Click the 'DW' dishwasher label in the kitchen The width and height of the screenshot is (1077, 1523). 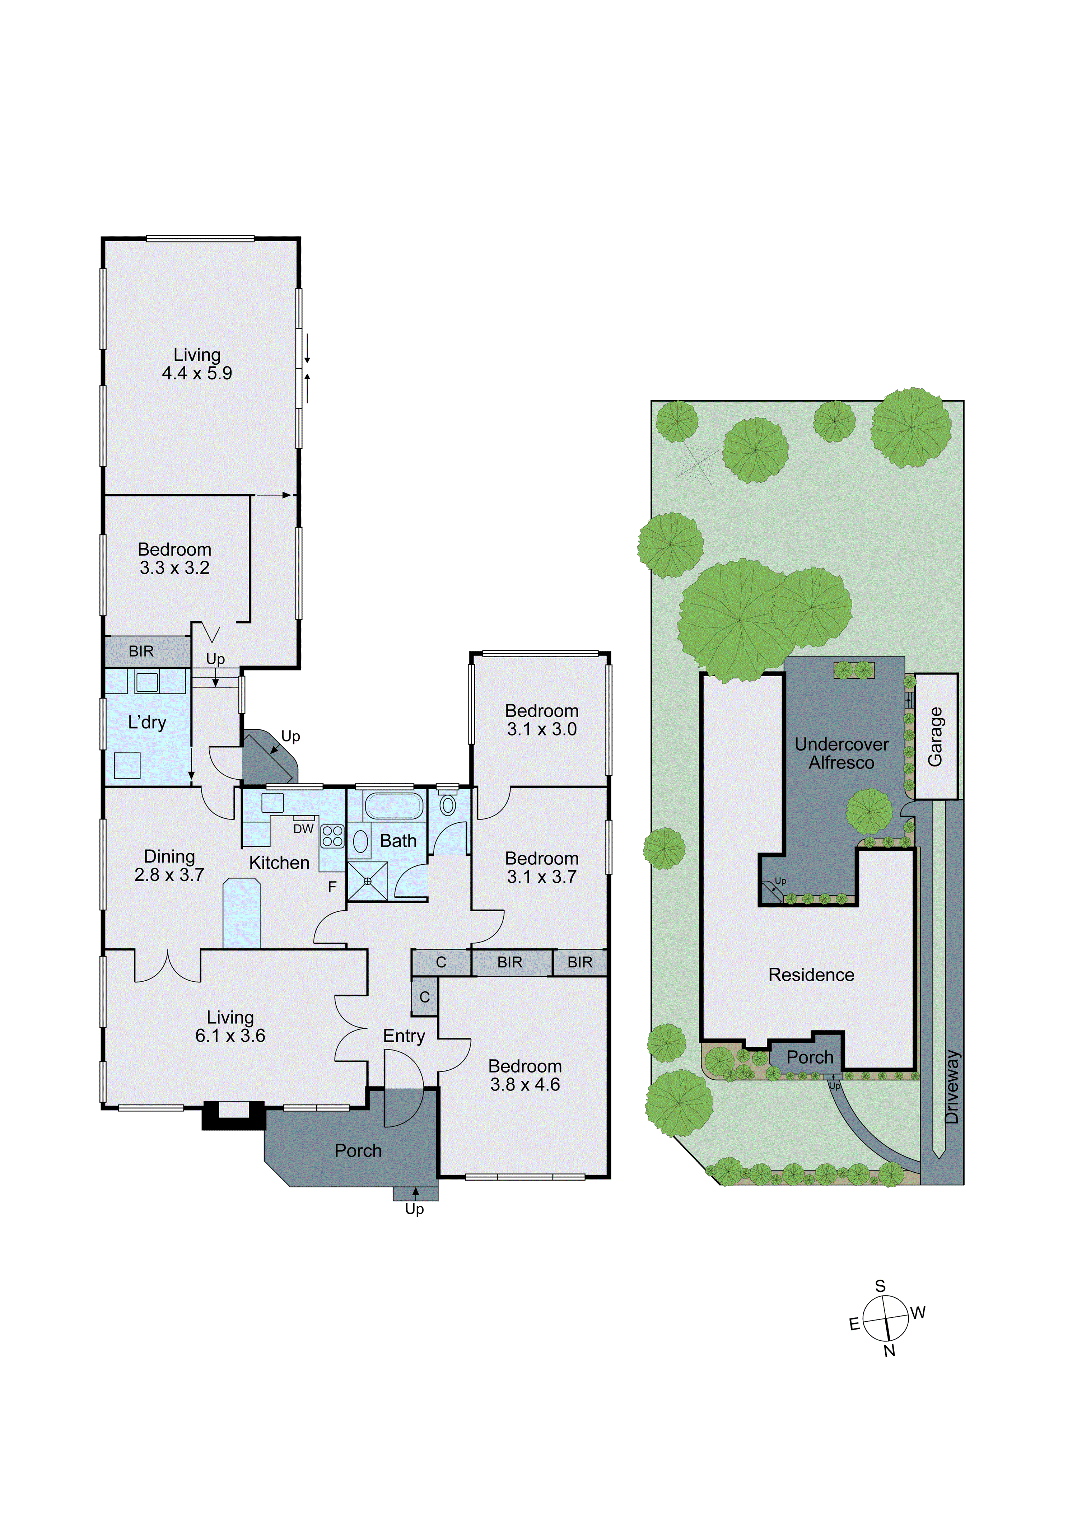click(x=303, y=829)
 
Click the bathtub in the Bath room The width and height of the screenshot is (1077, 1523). click(x=393, y=806)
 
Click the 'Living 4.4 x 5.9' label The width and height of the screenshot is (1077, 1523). click(x=197, y=364)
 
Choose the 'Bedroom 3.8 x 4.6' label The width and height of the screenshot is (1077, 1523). click(x=525, y=1075)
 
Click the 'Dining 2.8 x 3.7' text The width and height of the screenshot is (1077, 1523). click(x=169, y=866)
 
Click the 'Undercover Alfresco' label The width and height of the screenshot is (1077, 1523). click(x=841, y=753)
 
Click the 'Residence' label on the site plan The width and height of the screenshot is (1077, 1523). click(x=811, y=975)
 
